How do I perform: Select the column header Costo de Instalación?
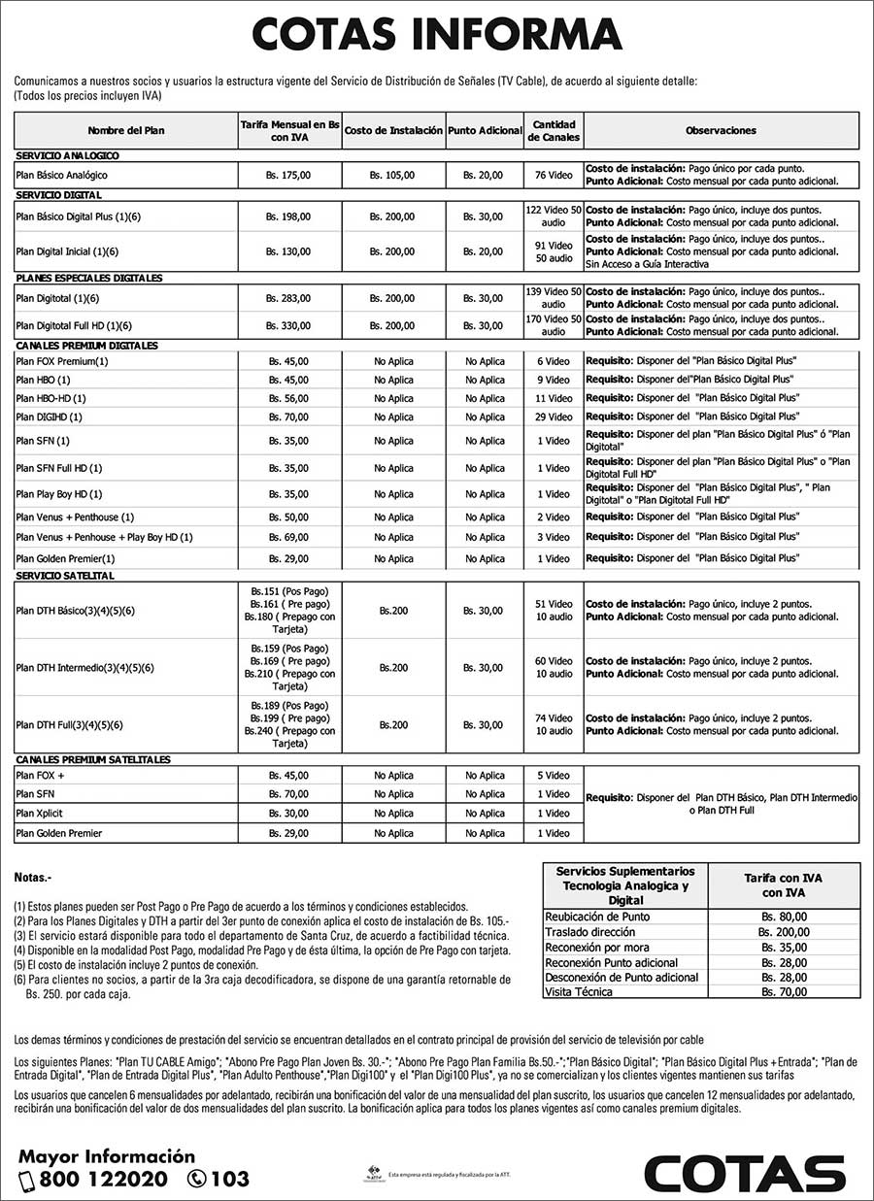pos(393,130)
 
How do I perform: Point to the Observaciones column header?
pos(721,130)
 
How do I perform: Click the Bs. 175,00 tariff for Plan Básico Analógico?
pos(288,175)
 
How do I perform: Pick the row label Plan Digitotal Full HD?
pos(74,325)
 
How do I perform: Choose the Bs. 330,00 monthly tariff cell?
pos(288,325)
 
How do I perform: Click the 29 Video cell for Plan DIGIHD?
pos(554,417)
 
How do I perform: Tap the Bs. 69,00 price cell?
pos(288,537)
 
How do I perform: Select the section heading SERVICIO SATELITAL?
pos(65,576)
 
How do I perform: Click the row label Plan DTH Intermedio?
pos(85,668)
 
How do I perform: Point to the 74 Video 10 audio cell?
pos(554,724)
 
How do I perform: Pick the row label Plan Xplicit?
pos(40,814)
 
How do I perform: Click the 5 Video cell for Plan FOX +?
pos(554,776)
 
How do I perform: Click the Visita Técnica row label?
pos(579,992)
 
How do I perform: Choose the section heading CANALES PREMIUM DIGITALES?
pos(87,346)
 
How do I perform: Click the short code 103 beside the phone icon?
pos(229,1180)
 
